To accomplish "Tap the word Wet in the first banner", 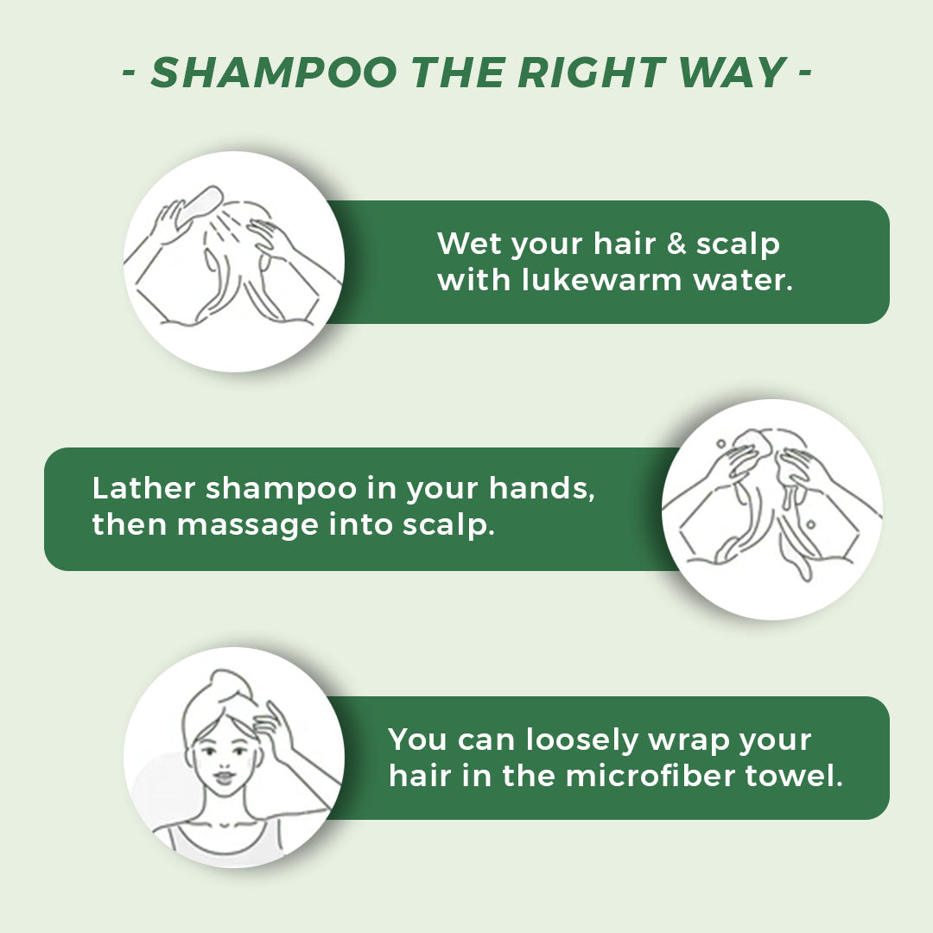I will coord(469,244).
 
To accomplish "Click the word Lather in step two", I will coord(143,489).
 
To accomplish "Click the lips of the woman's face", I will coord(224,777).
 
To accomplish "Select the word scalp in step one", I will coord(738,244).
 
